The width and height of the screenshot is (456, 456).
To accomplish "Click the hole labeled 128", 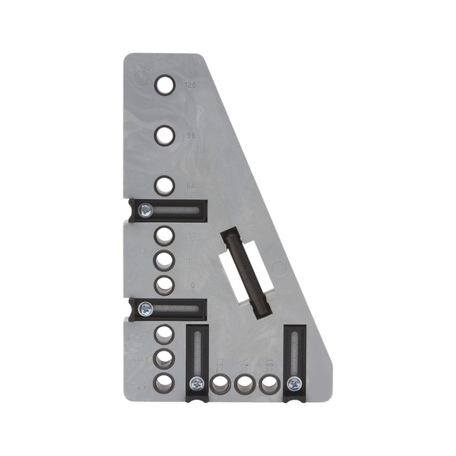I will (164, 84).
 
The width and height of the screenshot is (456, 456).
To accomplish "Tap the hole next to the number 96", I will (164, 136).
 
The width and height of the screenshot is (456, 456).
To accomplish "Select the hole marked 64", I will (164, 186).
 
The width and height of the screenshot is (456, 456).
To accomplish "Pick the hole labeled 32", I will (164, 235).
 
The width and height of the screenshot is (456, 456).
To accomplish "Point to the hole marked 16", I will (164, 260).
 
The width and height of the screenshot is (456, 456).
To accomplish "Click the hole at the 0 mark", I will (164, 284).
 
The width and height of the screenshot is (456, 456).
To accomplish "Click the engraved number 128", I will (189, 84).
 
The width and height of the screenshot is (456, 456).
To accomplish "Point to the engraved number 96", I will (189, 136).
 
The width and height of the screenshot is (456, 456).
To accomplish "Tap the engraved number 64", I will (189, 186).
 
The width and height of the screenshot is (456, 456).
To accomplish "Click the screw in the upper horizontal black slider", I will (145, 211).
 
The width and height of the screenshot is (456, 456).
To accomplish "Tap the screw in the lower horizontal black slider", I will (145, 309).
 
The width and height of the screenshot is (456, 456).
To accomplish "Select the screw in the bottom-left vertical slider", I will (195, 384).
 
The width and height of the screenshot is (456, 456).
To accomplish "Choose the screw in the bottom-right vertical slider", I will (294, 384).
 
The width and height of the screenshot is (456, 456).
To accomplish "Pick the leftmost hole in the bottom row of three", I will (220, 384).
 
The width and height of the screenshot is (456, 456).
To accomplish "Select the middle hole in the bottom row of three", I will (245, 384).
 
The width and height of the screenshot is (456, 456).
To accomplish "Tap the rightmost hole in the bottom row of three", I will (269, 384).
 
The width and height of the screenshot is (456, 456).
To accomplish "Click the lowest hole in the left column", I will (164, 383).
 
